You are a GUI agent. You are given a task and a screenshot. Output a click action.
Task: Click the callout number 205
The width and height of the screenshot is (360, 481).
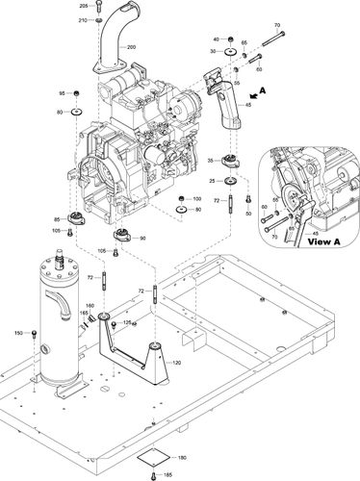(x=83, y=7)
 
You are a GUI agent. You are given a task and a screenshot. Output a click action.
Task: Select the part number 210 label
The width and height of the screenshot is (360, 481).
(x=83, y=20)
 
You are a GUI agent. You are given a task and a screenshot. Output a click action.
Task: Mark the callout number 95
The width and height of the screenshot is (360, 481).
(x=63, y=93)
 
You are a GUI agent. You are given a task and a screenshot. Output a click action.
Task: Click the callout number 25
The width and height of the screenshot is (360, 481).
(x=212, y=181)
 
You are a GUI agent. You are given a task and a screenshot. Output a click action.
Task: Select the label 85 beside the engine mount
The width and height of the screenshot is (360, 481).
(x=57, y=219)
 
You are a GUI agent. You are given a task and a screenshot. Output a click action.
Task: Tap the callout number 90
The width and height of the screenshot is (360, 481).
(x=142, y=238)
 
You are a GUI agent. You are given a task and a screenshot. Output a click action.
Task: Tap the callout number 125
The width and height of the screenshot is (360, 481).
(x=126, y=323)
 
